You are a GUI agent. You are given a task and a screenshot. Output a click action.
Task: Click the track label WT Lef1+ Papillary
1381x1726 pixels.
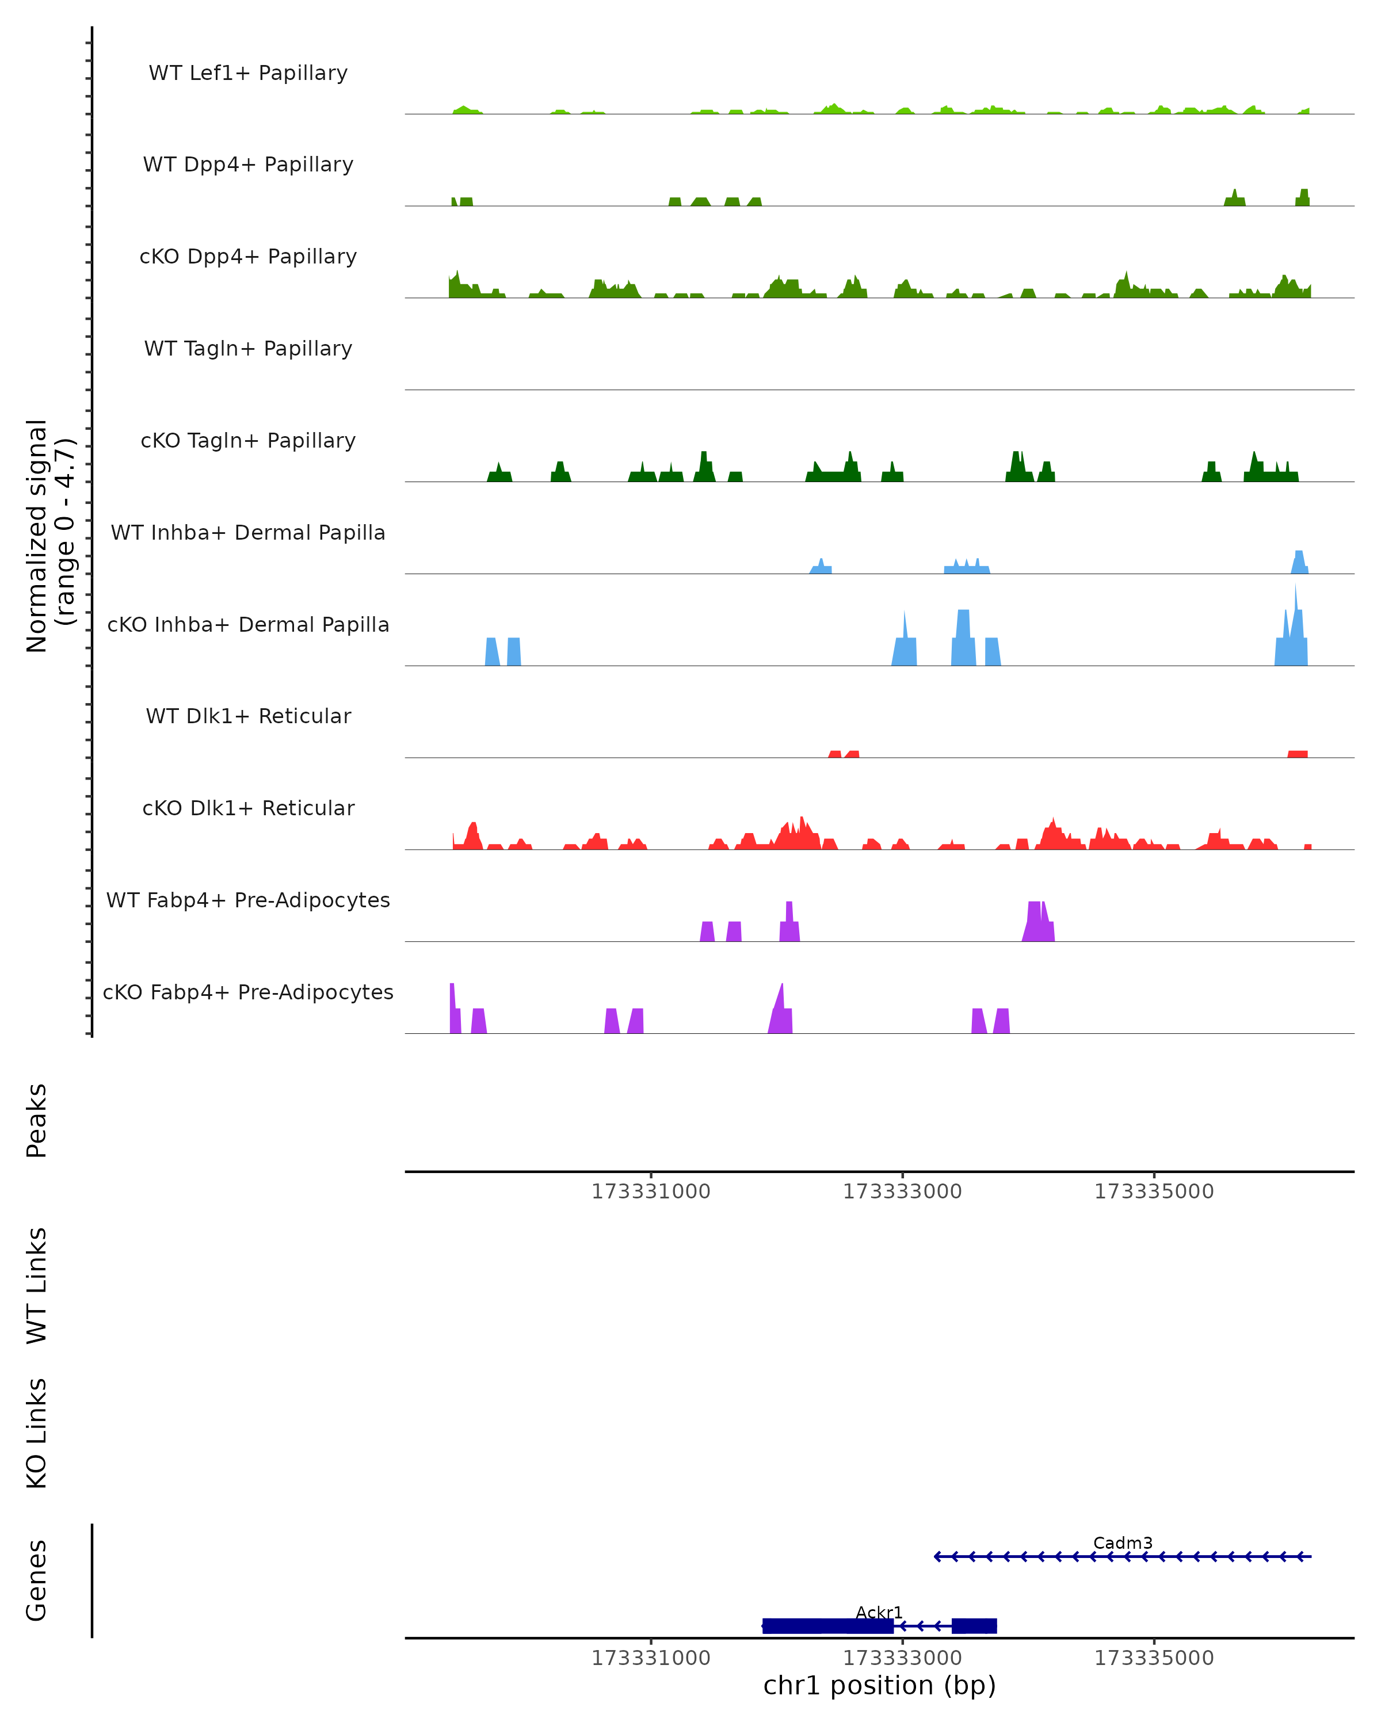click(x=248, y=73)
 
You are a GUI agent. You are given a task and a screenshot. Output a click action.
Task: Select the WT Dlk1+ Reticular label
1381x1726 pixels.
click(x=248, y=716)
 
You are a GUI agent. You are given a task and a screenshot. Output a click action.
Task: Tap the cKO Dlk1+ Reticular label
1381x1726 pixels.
click(x=248, y=808)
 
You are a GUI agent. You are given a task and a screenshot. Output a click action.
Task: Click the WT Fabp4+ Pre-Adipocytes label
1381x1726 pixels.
click(x=248, y=900)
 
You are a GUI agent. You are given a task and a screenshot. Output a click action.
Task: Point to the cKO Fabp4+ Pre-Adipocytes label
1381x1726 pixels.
click(x=248, y=992)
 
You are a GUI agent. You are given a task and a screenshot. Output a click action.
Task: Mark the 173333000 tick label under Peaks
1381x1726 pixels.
click(x=902, y=1192)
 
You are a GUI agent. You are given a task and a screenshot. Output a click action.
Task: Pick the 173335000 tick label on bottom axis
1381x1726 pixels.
click(x=1154, y=1658)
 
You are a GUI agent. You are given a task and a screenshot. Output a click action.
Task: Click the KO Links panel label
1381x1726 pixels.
click(x=37, y=1434)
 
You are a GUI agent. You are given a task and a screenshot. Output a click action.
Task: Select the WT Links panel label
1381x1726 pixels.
click(x=37, y=1286)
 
